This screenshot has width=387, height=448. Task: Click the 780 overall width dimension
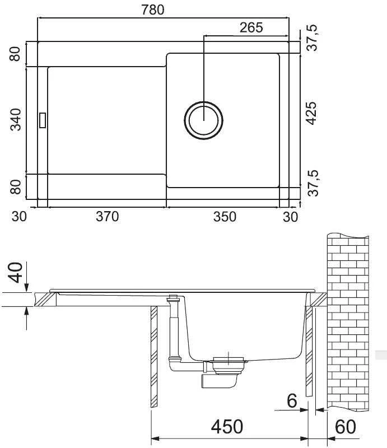coord(153,10)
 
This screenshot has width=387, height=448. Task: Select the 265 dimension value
coord(251,27)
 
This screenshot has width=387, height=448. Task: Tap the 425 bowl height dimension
coord(311,113)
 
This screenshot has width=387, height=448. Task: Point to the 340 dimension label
coord(16,119)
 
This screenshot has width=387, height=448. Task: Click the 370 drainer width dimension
coord(107,217)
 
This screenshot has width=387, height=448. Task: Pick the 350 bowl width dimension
coord(225,217)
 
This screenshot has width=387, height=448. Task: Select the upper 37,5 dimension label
coord(312,38)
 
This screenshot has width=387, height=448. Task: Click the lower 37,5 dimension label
coord(313,183)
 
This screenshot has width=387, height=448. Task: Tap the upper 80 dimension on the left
coord(15,54)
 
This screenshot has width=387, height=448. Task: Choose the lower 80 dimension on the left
coord(16,187)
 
